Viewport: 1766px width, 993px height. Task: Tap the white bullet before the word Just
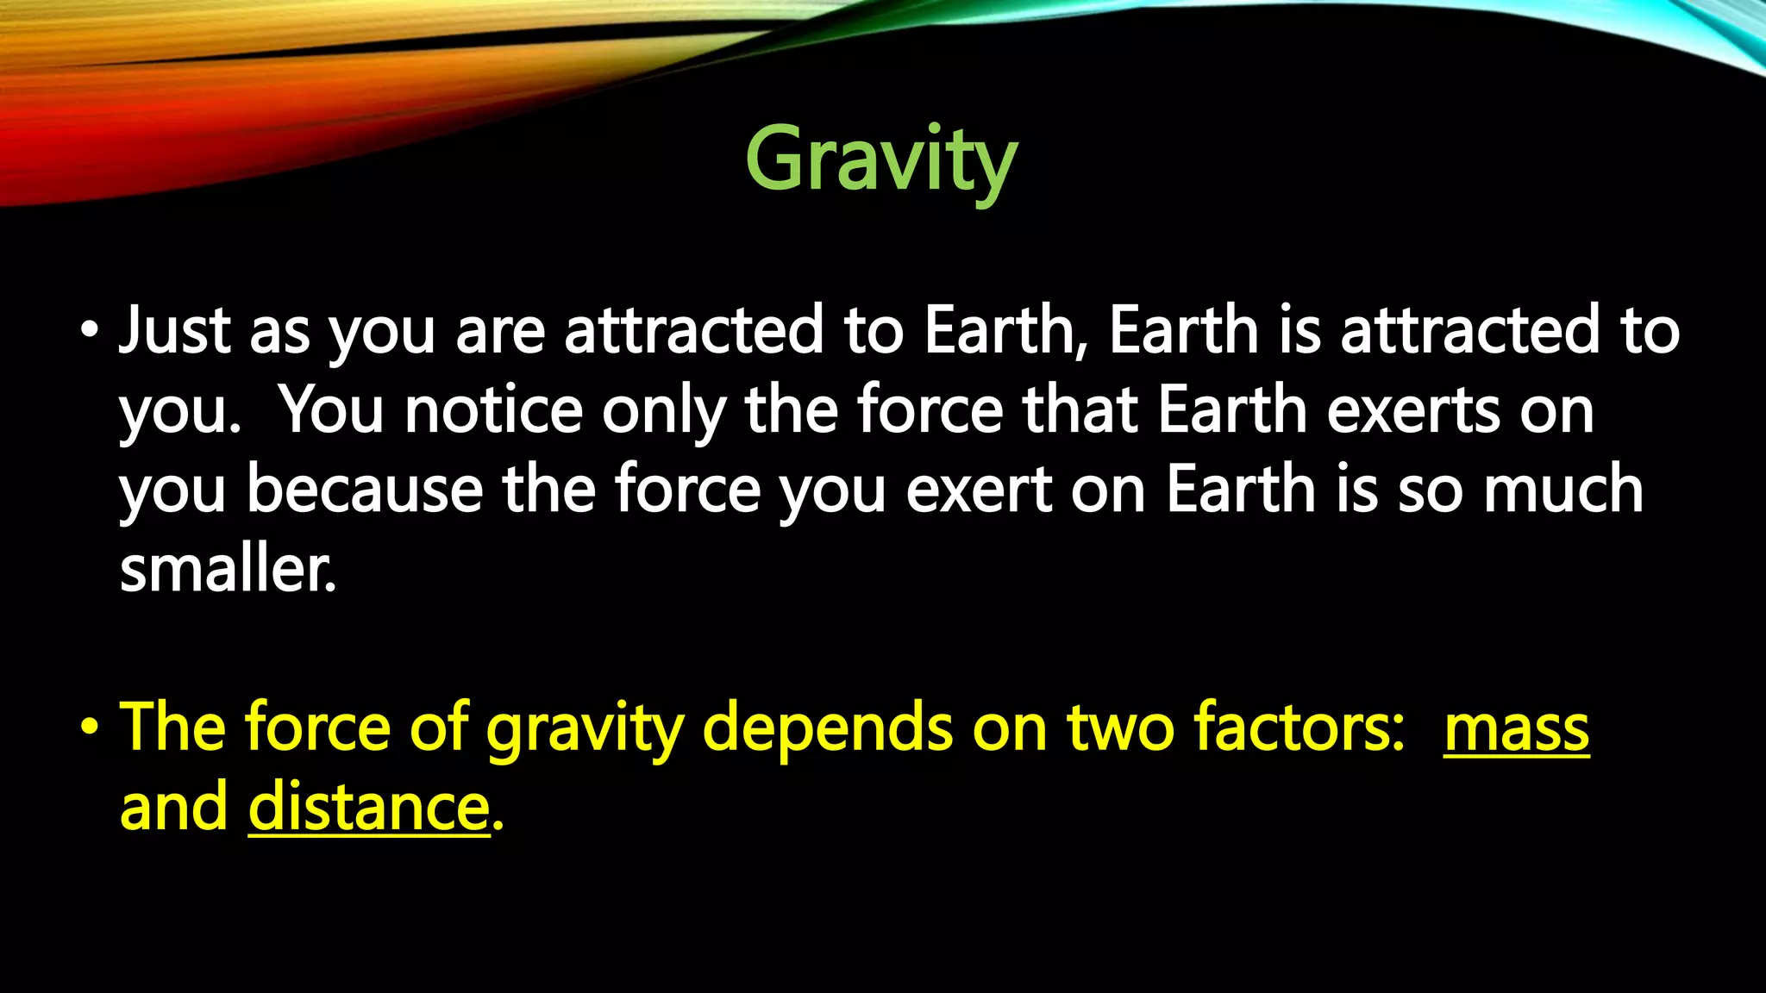coord(88,331)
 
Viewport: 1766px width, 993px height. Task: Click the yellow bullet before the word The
coord(88,729)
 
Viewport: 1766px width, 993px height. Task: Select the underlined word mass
coord(1516,729)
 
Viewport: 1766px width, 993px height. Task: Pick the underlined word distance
coord(368,808)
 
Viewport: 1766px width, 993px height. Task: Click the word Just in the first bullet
coord(173,331)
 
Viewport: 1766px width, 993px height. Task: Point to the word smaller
coord(227,570)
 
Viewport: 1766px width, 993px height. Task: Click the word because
coord(364,490)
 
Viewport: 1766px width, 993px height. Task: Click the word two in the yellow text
coord(1120,729)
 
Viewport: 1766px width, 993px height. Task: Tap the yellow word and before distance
coord(173,808)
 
